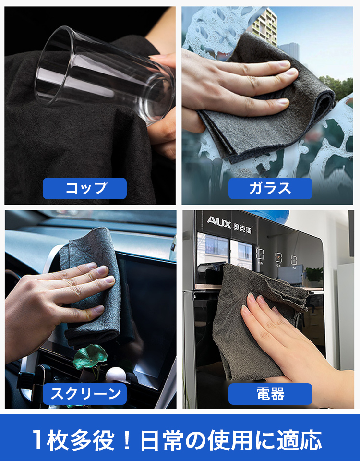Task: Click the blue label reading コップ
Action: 84,188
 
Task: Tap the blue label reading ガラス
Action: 270,188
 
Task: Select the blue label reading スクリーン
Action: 84,394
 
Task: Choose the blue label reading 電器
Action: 270,394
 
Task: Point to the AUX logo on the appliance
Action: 219,222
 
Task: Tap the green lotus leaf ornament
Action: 90,356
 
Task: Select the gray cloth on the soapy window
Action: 264,100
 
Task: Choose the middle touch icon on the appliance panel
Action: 278,258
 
